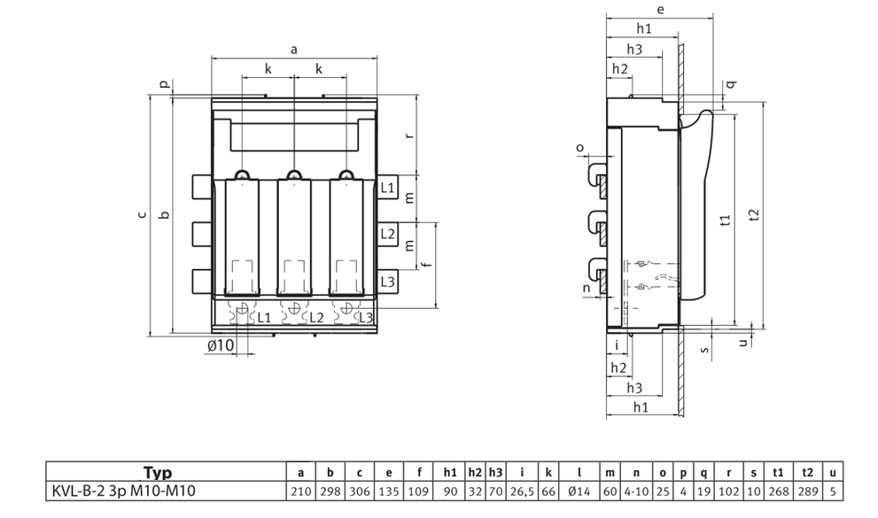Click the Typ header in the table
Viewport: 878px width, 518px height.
[x=158, y=473]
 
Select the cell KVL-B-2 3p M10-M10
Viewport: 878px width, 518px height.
[x=124, y=491]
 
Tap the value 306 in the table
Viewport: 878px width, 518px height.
[x=360, y=491]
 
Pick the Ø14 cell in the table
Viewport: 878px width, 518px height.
[x=579, y=491]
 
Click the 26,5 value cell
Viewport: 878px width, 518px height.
[x=522, y=491]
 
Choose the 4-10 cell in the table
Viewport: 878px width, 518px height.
[x=636, y=491]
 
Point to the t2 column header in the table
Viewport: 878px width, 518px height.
[x=807, y=473]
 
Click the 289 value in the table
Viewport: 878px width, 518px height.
[x=807, y=491]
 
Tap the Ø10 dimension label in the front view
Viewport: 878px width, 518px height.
[x=221, y=345]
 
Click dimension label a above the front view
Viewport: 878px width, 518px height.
[x=294, y=50]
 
